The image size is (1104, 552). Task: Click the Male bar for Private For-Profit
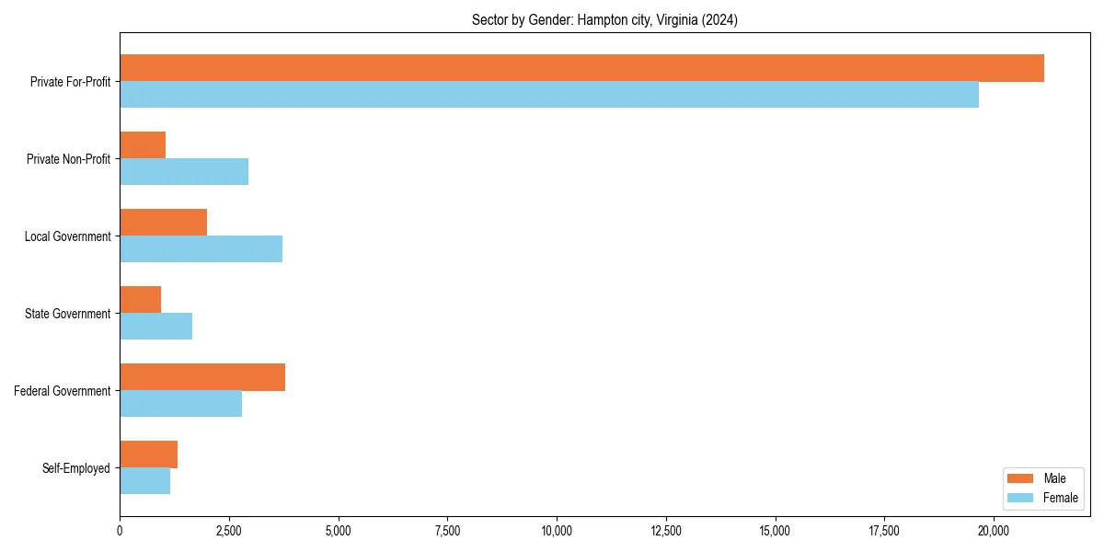pos(581,68)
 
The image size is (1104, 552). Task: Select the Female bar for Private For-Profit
pos(549,95)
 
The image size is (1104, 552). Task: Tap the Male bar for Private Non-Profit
pos(143,145)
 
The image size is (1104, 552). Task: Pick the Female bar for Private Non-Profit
pos(184,172)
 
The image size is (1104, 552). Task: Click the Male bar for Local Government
pos(163,223)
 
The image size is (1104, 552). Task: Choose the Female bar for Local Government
pos(201,249)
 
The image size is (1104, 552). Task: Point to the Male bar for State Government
pos(140,300)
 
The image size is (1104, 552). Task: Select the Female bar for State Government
pos(155,327)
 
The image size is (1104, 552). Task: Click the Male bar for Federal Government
pos(202,377)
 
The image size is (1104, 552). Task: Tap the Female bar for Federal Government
pos(180,404)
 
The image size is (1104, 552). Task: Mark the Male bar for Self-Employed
pos(148,454)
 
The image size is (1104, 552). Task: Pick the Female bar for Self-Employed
pos(144,481)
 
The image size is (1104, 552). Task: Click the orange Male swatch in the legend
pos(1021,478)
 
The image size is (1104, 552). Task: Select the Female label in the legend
pos(1061,498)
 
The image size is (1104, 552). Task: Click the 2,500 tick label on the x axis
pos(229,531)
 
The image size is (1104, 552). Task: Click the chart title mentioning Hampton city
pos(604,19)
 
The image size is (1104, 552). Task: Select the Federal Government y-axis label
pos(63,391)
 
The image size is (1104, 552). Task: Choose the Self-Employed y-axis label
pos(76,468)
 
